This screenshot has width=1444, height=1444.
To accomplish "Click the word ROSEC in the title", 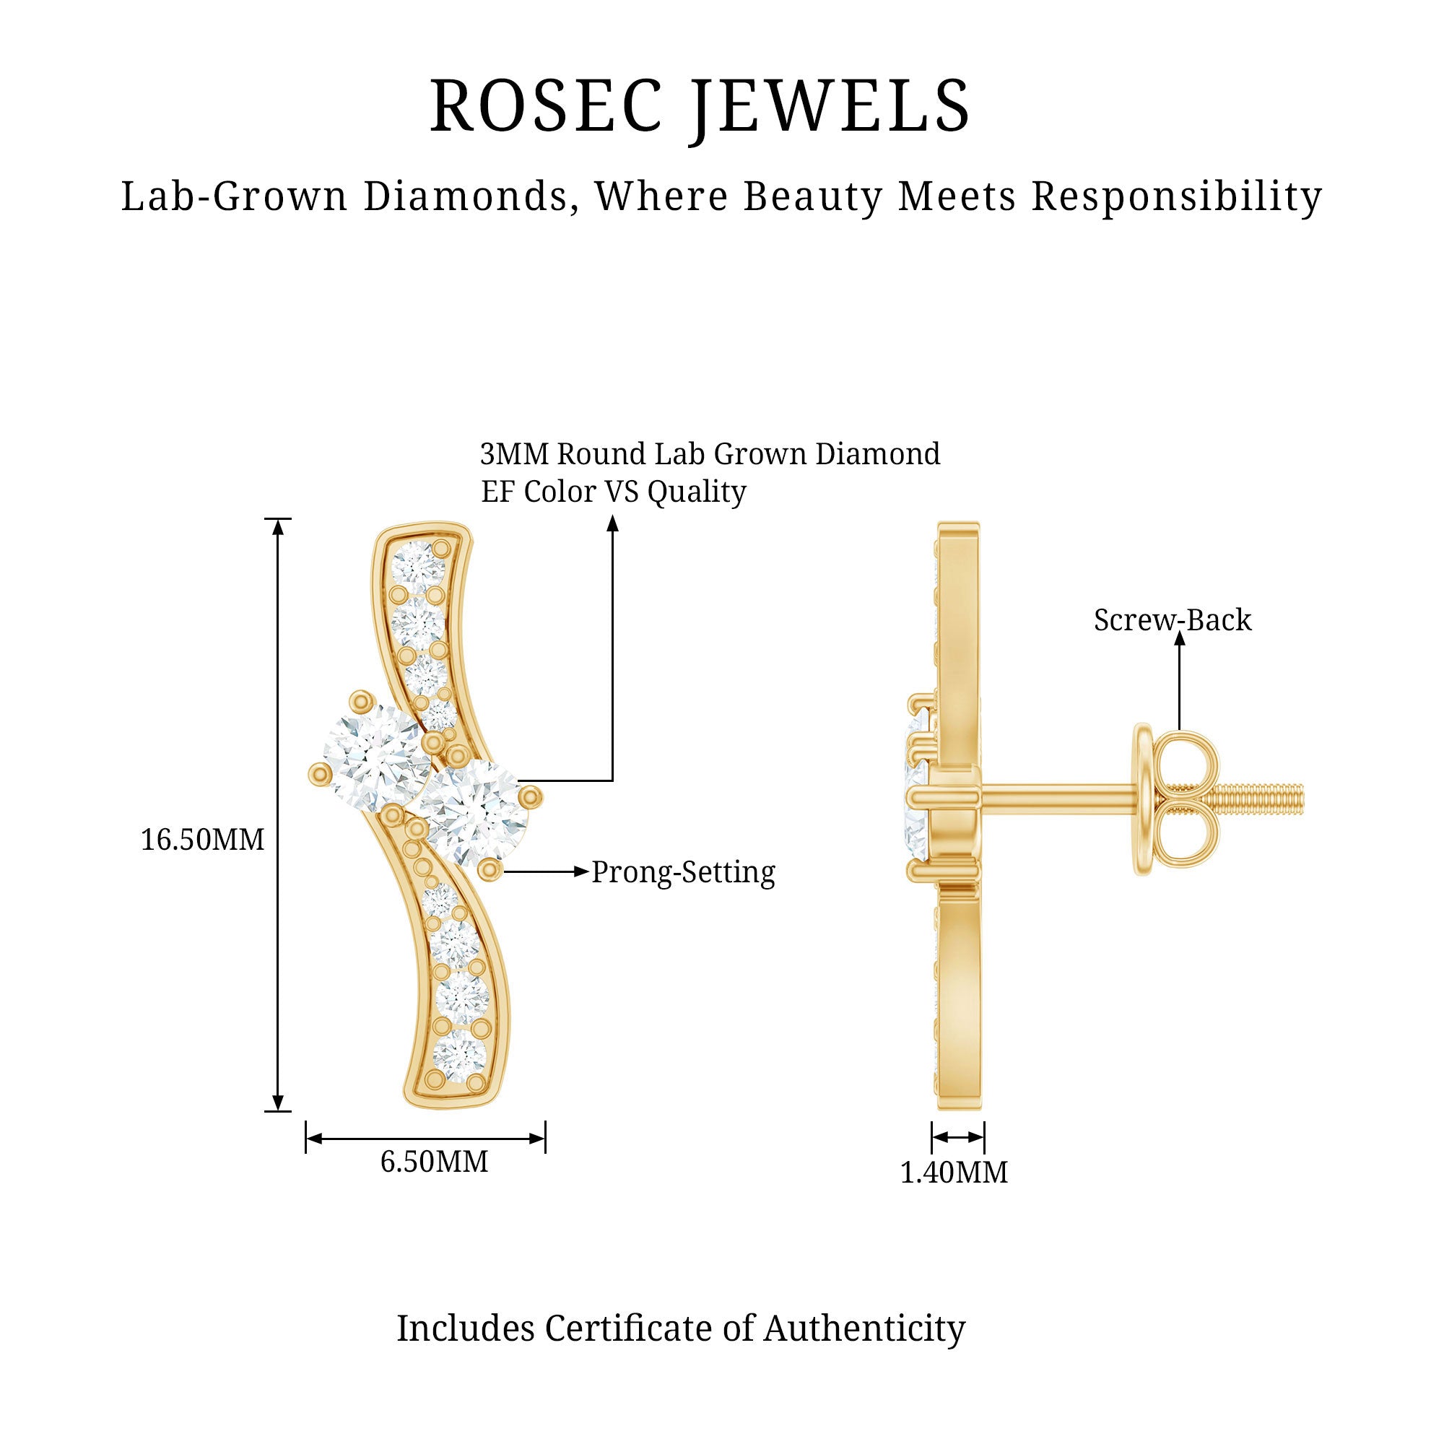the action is coord(547,105).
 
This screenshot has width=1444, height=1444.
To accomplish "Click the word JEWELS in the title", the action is coord(830,109).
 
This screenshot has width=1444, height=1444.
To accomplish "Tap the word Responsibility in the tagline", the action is coord(1177,197).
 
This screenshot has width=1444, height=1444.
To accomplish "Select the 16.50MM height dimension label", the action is coord(203,840).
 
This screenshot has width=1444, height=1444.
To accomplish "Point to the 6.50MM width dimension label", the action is coord(434,1161).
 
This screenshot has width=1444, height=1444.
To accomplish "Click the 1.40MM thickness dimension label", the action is coord(954,1172).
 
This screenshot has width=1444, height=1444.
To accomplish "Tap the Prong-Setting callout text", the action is coord(683,872).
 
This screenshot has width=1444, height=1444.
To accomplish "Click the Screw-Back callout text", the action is coord(1173,619).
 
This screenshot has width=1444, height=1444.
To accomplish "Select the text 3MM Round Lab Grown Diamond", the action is coord(710,453).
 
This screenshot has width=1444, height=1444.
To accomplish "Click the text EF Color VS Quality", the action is coord(614,492).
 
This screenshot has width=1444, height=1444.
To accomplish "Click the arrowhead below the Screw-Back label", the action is coord(1180,639).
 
